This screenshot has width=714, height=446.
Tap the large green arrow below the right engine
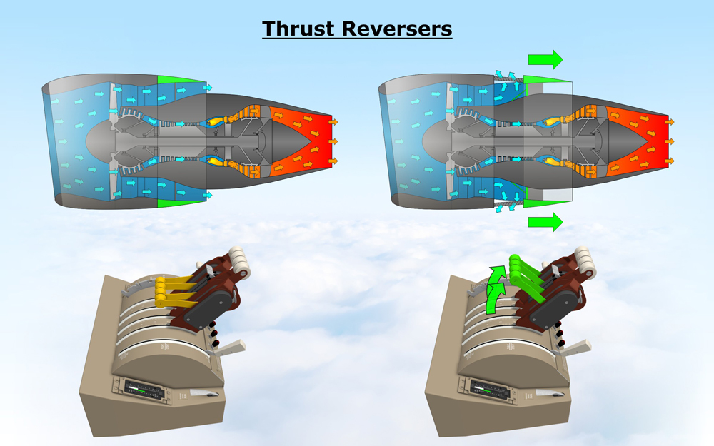pyautogui.click(x=545, y=222)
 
